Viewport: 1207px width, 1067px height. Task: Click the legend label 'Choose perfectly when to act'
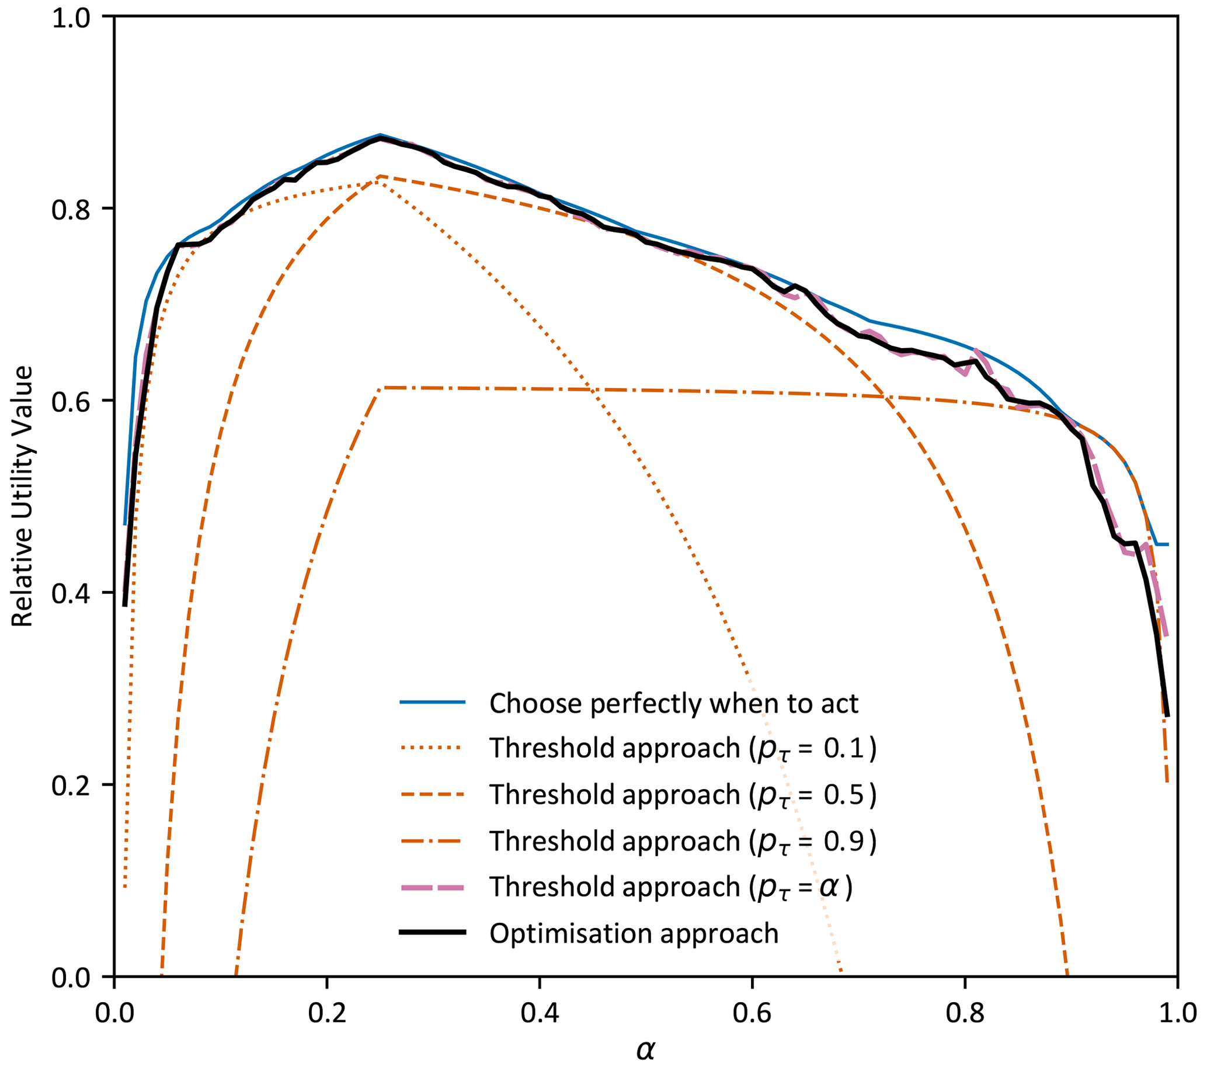click(673, 703)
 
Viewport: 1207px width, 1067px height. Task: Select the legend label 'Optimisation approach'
click(634, 933)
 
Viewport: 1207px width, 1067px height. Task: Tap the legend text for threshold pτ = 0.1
click(683, 749)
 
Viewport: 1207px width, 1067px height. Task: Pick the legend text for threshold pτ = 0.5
click(683, 795)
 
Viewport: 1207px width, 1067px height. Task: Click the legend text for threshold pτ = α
click(671, 887)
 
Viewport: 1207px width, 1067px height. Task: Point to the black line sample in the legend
click(433, 932)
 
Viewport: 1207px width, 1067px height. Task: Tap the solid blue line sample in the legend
click(433, 702)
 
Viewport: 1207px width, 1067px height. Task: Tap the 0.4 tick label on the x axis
click(538, 1013)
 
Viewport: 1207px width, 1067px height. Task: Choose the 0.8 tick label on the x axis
click(964, 1013)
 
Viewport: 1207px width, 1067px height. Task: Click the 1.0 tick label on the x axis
click(1177, 1013)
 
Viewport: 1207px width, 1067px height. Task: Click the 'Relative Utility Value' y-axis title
click(22, 496)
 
